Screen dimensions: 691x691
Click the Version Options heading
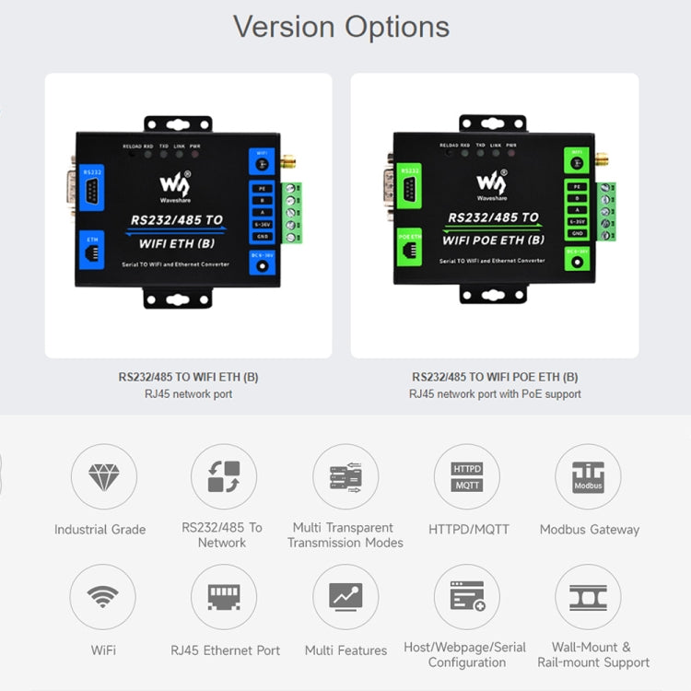pos(341,26)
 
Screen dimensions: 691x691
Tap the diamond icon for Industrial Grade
pos(103,476)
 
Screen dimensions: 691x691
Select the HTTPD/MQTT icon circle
pos(467,476)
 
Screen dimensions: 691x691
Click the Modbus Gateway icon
pos(588,476)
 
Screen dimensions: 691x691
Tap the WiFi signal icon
pos(103,596)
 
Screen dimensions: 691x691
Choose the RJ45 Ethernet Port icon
pos(224,596)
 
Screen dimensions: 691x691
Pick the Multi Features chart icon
pos(345,596)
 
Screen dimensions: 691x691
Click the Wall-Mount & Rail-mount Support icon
pos(588,596)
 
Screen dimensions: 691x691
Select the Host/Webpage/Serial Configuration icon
pos(467,596)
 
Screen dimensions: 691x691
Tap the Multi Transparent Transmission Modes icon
pos(345,476)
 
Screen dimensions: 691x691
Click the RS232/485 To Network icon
pos(224,476)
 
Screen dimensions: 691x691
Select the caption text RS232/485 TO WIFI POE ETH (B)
pos(495,377)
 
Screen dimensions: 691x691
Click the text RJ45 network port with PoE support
pos(495,394)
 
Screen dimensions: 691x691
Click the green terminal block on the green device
pos(605,211)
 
